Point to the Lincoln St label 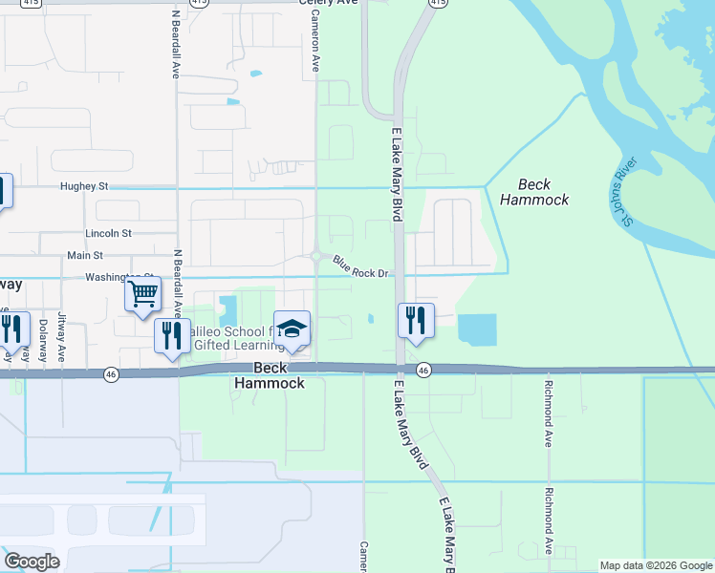(108, 232)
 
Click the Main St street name (84, 256)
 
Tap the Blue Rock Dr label (360, 267)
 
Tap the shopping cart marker (143, 294)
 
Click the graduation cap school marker (292, 330)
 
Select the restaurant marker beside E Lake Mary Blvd (416, 321)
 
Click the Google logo (32, 562)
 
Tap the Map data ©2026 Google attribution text (655, 565)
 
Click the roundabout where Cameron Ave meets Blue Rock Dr (315, 255)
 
